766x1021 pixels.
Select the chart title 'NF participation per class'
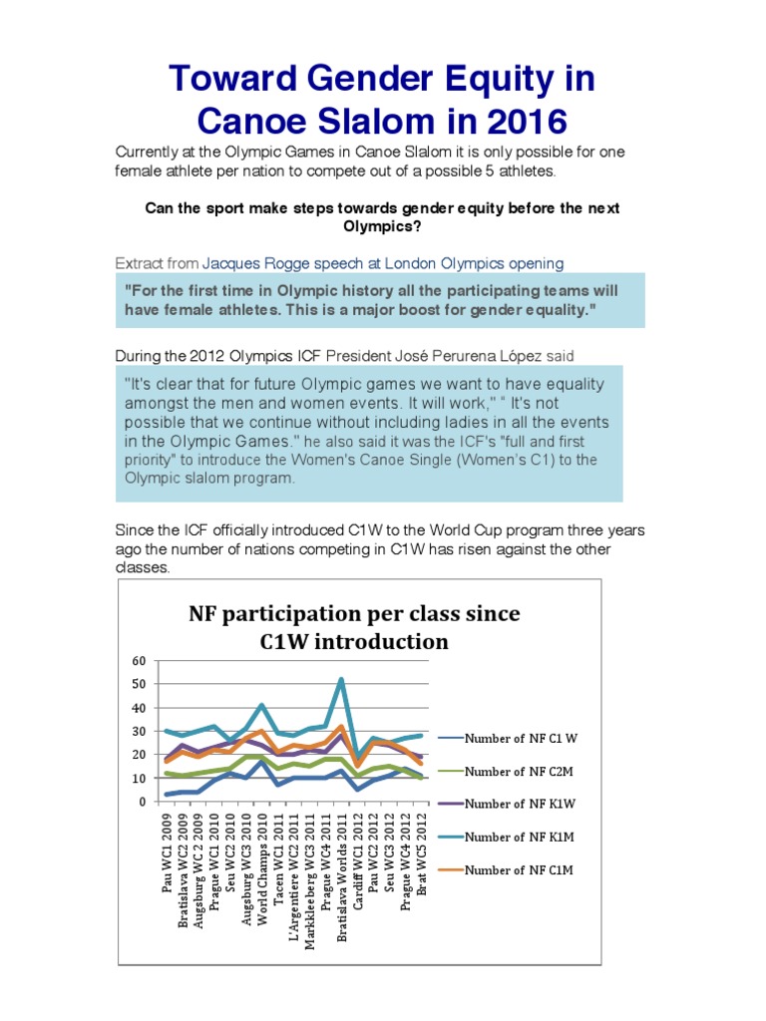[354, 612]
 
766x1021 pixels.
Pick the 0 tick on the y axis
[142, 802]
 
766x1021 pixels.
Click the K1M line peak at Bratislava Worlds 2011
[342, 680]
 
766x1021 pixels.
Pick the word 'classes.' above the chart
[144, 567]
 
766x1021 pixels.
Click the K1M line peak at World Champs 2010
[261, 706]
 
